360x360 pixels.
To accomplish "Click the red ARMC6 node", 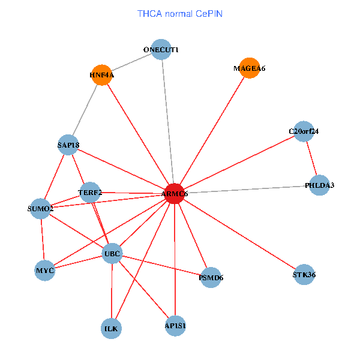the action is [x=175, y=194].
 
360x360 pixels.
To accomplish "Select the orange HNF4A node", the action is [x=102, y=75].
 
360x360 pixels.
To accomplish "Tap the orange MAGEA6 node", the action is [x=250, y=68].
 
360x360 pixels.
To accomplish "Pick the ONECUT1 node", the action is [x=161, y=49].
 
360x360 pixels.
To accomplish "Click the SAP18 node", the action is [x=68, y=145].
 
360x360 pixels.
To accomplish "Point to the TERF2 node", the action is [x=90, y=193].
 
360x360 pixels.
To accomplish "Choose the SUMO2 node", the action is [x=40, y=208].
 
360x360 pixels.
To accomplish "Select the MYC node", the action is [x=45, y=271].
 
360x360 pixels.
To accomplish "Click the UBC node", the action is [x=112, y=253].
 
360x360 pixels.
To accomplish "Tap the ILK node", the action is [x=111, y=329].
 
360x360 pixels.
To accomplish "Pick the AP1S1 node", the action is [x=175, y=326].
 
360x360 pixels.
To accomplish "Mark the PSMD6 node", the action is [x=211, y=278].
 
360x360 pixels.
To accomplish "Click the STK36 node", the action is [x=304, y=274].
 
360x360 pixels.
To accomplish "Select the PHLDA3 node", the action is [x=319, y=185].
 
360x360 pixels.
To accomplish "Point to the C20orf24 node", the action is [x=304, y=131].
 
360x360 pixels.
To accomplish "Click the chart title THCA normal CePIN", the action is [x=180, y=14].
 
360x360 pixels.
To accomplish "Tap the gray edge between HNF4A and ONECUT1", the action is [x=131, y=62].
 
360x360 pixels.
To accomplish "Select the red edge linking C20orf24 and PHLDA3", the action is [x=311, y=158].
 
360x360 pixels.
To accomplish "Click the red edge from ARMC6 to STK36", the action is [x=239, y=234].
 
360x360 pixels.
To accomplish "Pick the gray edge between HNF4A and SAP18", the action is [x=85, y=110].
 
